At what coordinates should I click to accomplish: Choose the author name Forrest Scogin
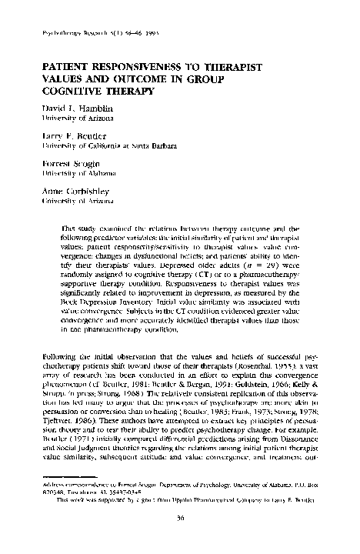(64, 165)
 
